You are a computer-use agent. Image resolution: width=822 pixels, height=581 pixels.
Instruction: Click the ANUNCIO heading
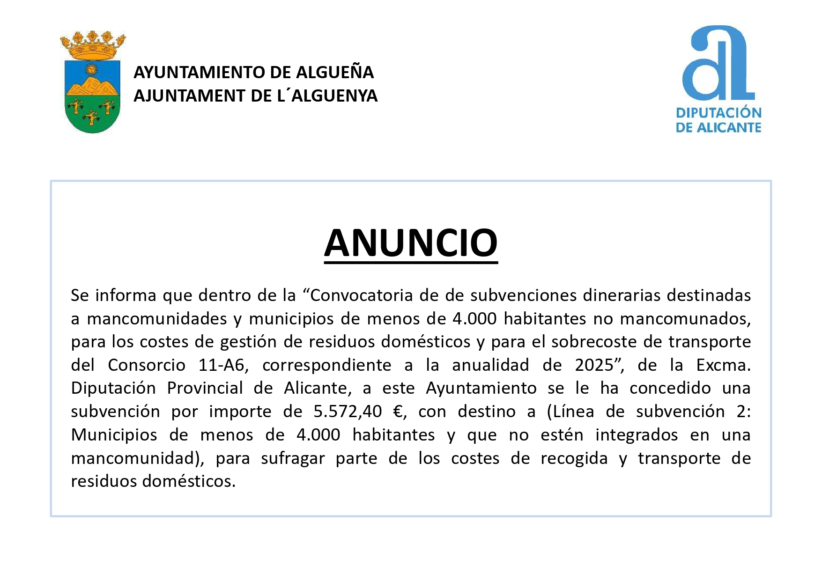coord(410,243)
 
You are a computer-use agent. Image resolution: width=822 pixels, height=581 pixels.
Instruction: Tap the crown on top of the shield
coord(93,46)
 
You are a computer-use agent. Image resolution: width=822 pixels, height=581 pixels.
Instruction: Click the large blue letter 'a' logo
coord(718,63)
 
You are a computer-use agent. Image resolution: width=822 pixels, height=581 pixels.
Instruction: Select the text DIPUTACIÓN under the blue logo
coord(718,113)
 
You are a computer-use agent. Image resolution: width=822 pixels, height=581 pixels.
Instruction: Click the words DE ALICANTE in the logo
coord(718,127)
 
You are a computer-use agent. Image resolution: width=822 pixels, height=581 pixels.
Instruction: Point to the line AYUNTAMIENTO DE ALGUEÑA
coord(253,73)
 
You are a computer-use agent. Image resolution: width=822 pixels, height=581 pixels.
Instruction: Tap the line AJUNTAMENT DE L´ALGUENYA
coord(255,96)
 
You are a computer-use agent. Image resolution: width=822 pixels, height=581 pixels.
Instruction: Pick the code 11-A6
coord(221,365)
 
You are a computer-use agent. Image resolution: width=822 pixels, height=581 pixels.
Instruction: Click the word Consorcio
coord(147,365)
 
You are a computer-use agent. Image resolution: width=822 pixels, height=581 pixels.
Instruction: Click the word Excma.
coord(723,365)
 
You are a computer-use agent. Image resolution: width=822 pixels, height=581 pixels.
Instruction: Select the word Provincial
coord(205,388)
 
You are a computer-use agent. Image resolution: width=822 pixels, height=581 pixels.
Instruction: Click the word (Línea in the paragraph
coord(570,412)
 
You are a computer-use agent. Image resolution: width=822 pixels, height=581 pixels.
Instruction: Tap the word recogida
coord(574,458)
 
